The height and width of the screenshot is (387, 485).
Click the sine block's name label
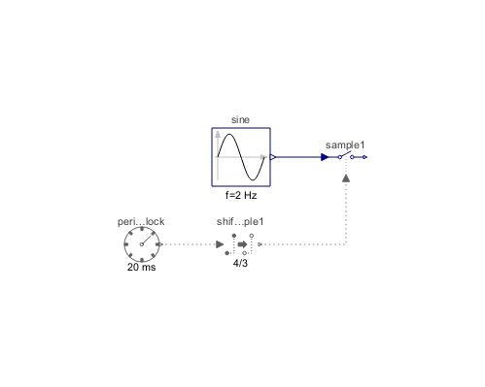(240, 119)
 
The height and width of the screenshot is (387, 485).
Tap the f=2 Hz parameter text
(240, 194)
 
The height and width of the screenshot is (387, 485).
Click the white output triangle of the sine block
(274, 156)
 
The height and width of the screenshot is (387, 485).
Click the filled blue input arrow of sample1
(325, 156)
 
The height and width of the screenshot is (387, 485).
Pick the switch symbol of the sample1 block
(347, 155)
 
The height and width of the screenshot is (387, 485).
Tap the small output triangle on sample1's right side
(364, 156)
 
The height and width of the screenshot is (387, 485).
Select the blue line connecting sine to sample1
(298, 156)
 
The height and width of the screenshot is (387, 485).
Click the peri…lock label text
(141, 222)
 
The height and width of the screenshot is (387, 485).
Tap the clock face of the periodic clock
(142, 243)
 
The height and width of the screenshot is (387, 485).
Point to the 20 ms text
(142, 267)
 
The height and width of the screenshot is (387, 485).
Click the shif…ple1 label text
(240, 222)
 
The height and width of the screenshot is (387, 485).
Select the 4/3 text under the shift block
(240, 262)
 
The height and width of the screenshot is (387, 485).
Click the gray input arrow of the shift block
(220, 244)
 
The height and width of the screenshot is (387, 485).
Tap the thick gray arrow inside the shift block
(241, 244)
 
